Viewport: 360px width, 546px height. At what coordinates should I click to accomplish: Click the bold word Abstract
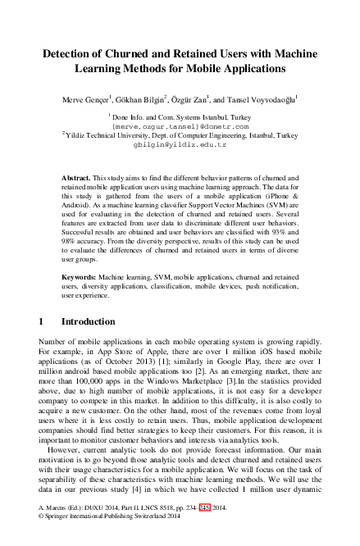(x=76, y=178)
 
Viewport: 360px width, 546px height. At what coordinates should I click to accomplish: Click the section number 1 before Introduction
(x=42, y=320)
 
